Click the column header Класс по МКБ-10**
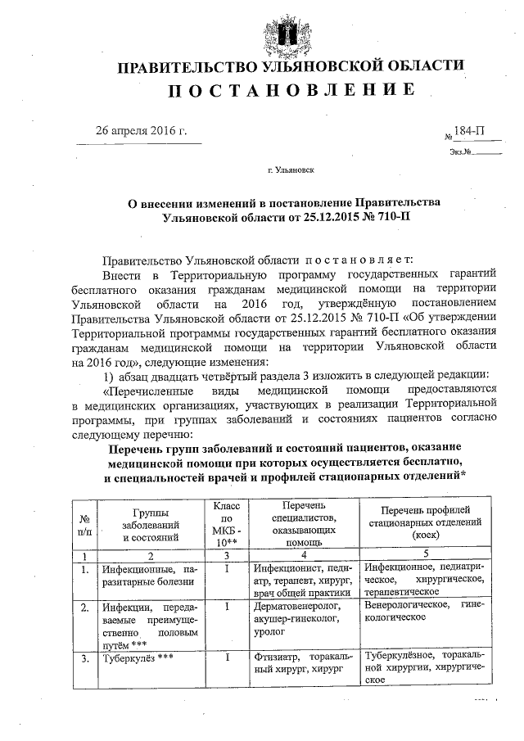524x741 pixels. pyautogui.click(x=225, y=524)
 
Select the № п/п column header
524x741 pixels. pyautogui.click(x=84, y=525)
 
